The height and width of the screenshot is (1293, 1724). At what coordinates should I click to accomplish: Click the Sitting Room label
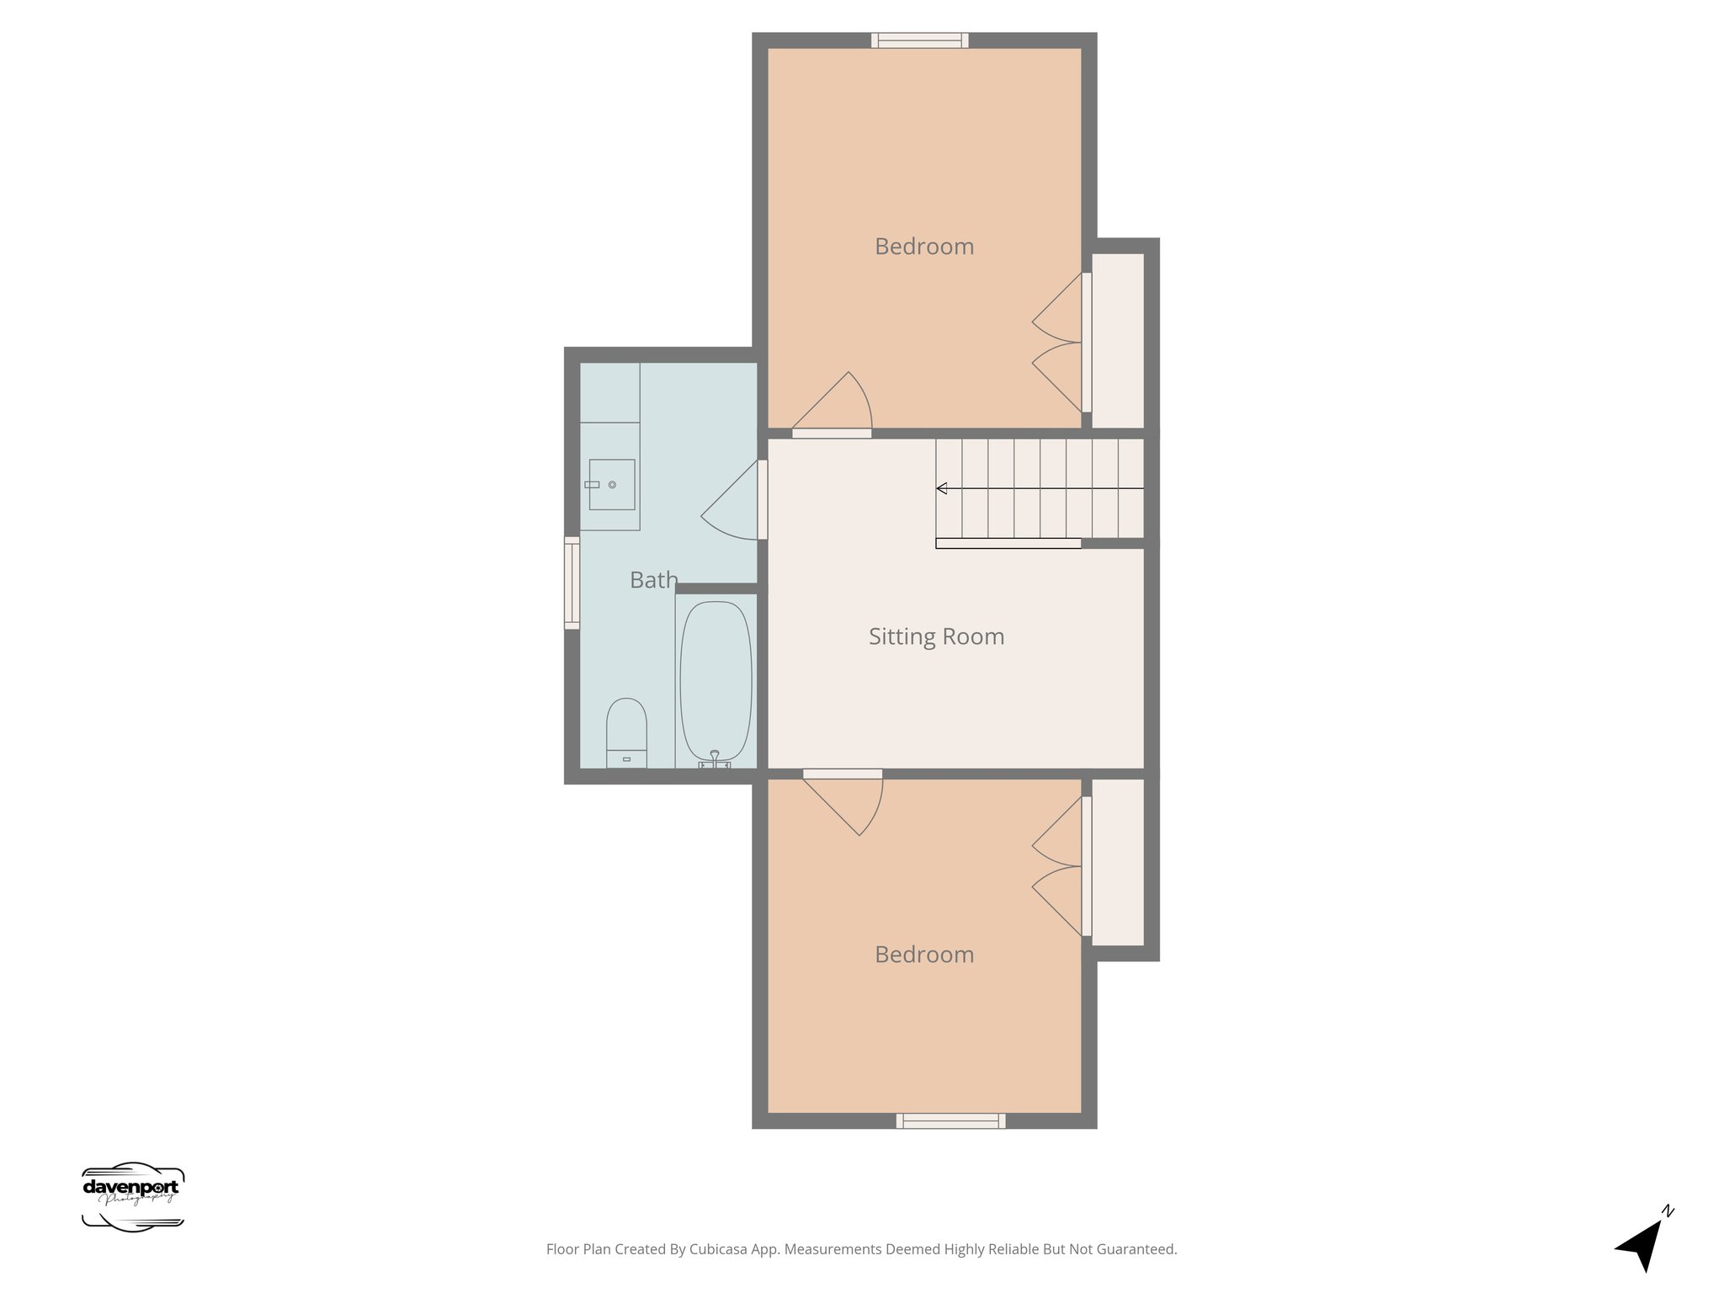click(936, 636)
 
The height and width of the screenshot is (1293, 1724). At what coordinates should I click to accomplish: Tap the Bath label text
click(653, 580)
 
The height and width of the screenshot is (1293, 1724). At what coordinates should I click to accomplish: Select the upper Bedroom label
click(923, 247)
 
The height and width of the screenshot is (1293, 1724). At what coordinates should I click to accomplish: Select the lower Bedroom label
click(923, 955)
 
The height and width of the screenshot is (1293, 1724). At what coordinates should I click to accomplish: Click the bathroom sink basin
click(611, 484)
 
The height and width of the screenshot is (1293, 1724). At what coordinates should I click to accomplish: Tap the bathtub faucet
click(714, 759)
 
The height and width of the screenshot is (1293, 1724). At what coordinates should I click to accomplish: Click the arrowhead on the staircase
click(942, 488)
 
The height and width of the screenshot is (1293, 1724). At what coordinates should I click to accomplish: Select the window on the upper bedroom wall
click(919, 40)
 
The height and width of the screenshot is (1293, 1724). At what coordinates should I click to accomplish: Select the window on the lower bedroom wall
click(950, 1120)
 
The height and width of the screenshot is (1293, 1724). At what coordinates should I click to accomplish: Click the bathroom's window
click(572, 583)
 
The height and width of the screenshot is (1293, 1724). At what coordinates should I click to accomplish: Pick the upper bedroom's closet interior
click(1118, 340)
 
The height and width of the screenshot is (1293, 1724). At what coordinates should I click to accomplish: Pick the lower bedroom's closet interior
click(1118, 862)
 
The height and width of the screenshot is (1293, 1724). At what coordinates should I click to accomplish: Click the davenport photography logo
click(132, 1196)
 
